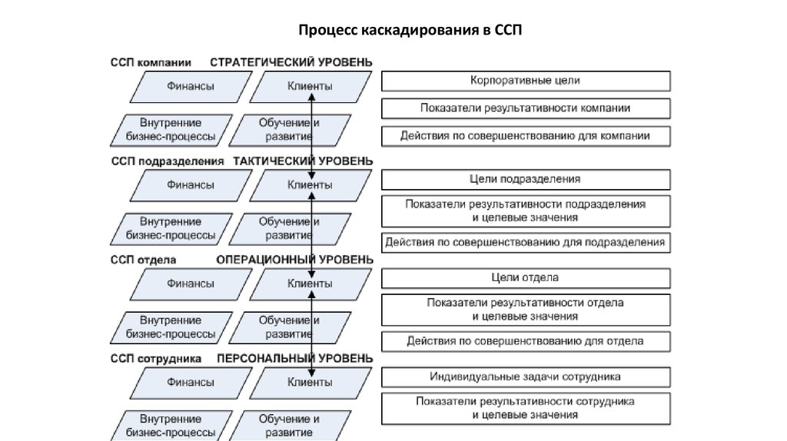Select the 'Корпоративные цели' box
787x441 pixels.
(526, 80)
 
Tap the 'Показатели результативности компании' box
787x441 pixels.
(526, 108)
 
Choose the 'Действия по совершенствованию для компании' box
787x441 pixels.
(526, 136)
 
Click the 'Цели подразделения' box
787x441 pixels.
(526, 179)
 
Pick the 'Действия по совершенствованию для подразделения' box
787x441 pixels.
(526, 242)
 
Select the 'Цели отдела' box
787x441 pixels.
(526, 277)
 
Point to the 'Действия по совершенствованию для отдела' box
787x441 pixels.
(526, 340)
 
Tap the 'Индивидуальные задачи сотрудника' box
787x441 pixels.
(526, 377)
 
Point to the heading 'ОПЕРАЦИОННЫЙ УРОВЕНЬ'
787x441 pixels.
(295, 260)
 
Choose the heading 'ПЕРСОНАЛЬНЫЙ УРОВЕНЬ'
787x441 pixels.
(295, 358)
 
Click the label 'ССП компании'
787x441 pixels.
(151, 61)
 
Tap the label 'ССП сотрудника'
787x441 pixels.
(156, 358)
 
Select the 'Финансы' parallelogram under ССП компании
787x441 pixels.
(191, 86)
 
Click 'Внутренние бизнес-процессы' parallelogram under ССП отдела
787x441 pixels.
(171, 327)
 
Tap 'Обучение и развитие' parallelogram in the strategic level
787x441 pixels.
(285, 130)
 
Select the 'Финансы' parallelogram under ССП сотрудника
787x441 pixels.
(191, 382)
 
